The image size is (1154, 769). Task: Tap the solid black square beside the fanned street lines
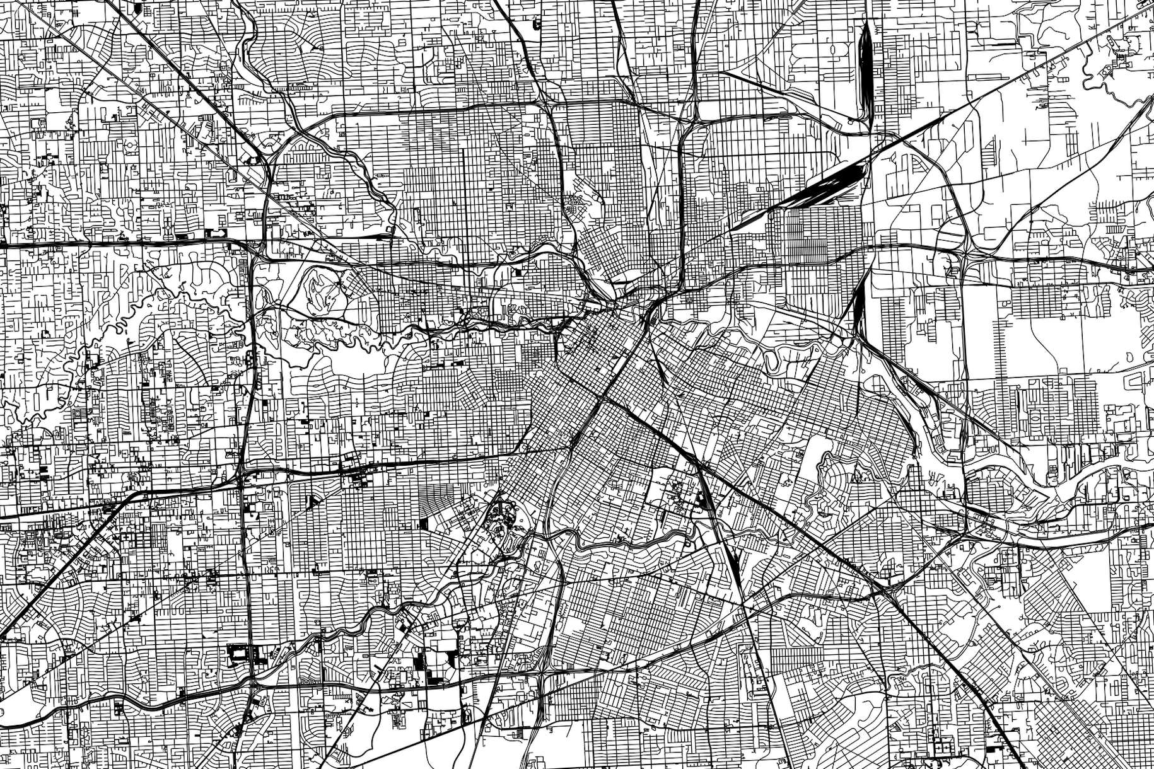(424, 523)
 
